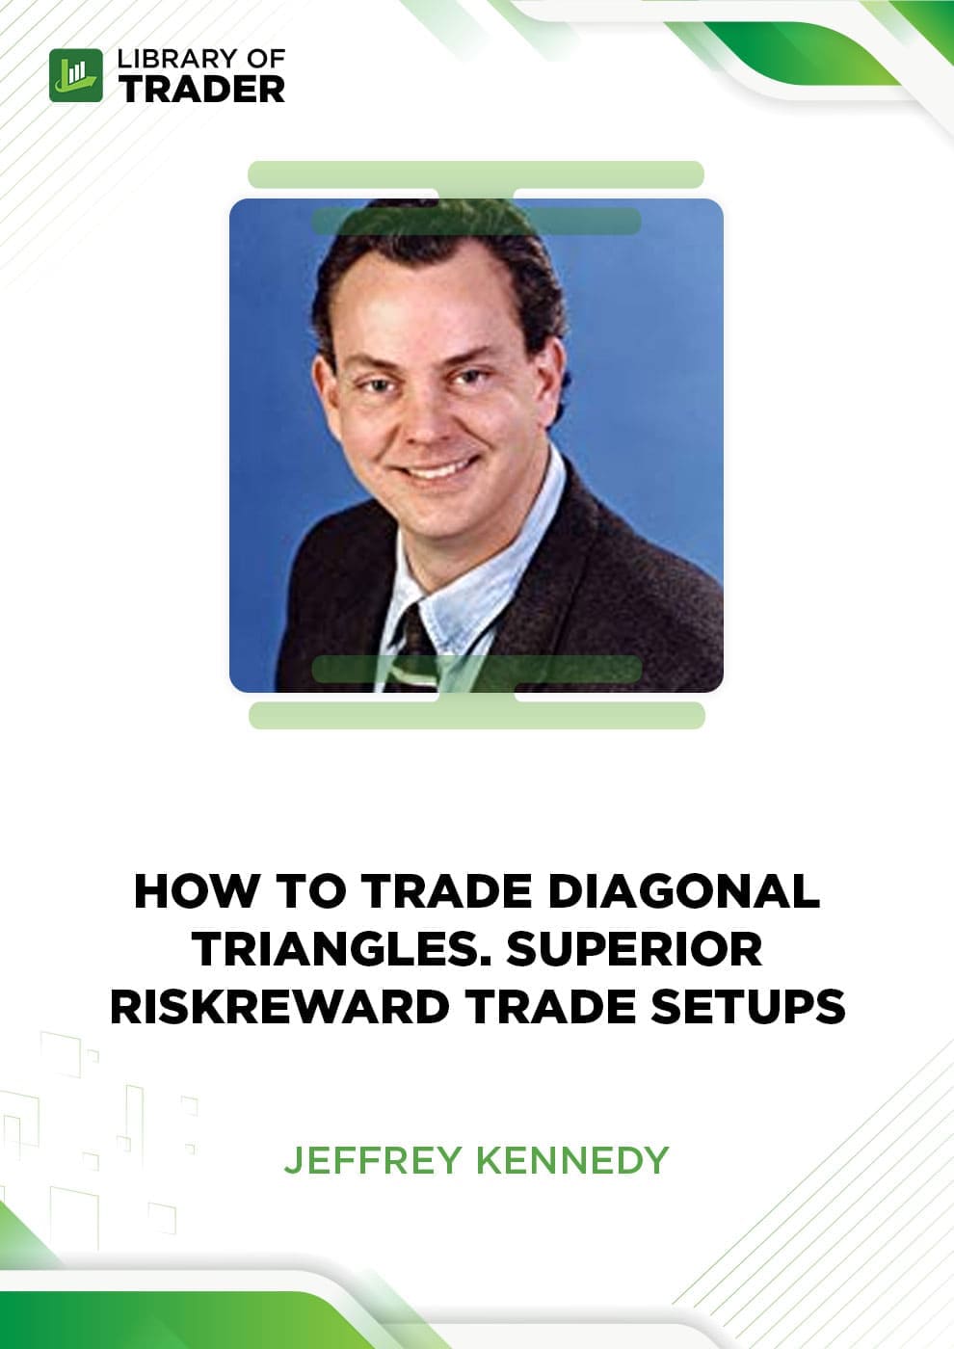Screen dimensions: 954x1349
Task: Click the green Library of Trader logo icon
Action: tap(76, 75)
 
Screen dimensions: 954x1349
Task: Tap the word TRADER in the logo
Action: tap(201, 91)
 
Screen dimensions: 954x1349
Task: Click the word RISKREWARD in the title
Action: tap(280, 1007)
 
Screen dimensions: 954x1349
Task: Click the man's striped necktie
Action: tap(415, 648)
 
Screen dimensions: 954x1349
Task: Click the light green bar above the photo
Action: tap(476, 174)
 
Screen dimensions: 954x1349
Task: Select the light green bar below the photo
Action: tap(476, 715)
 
